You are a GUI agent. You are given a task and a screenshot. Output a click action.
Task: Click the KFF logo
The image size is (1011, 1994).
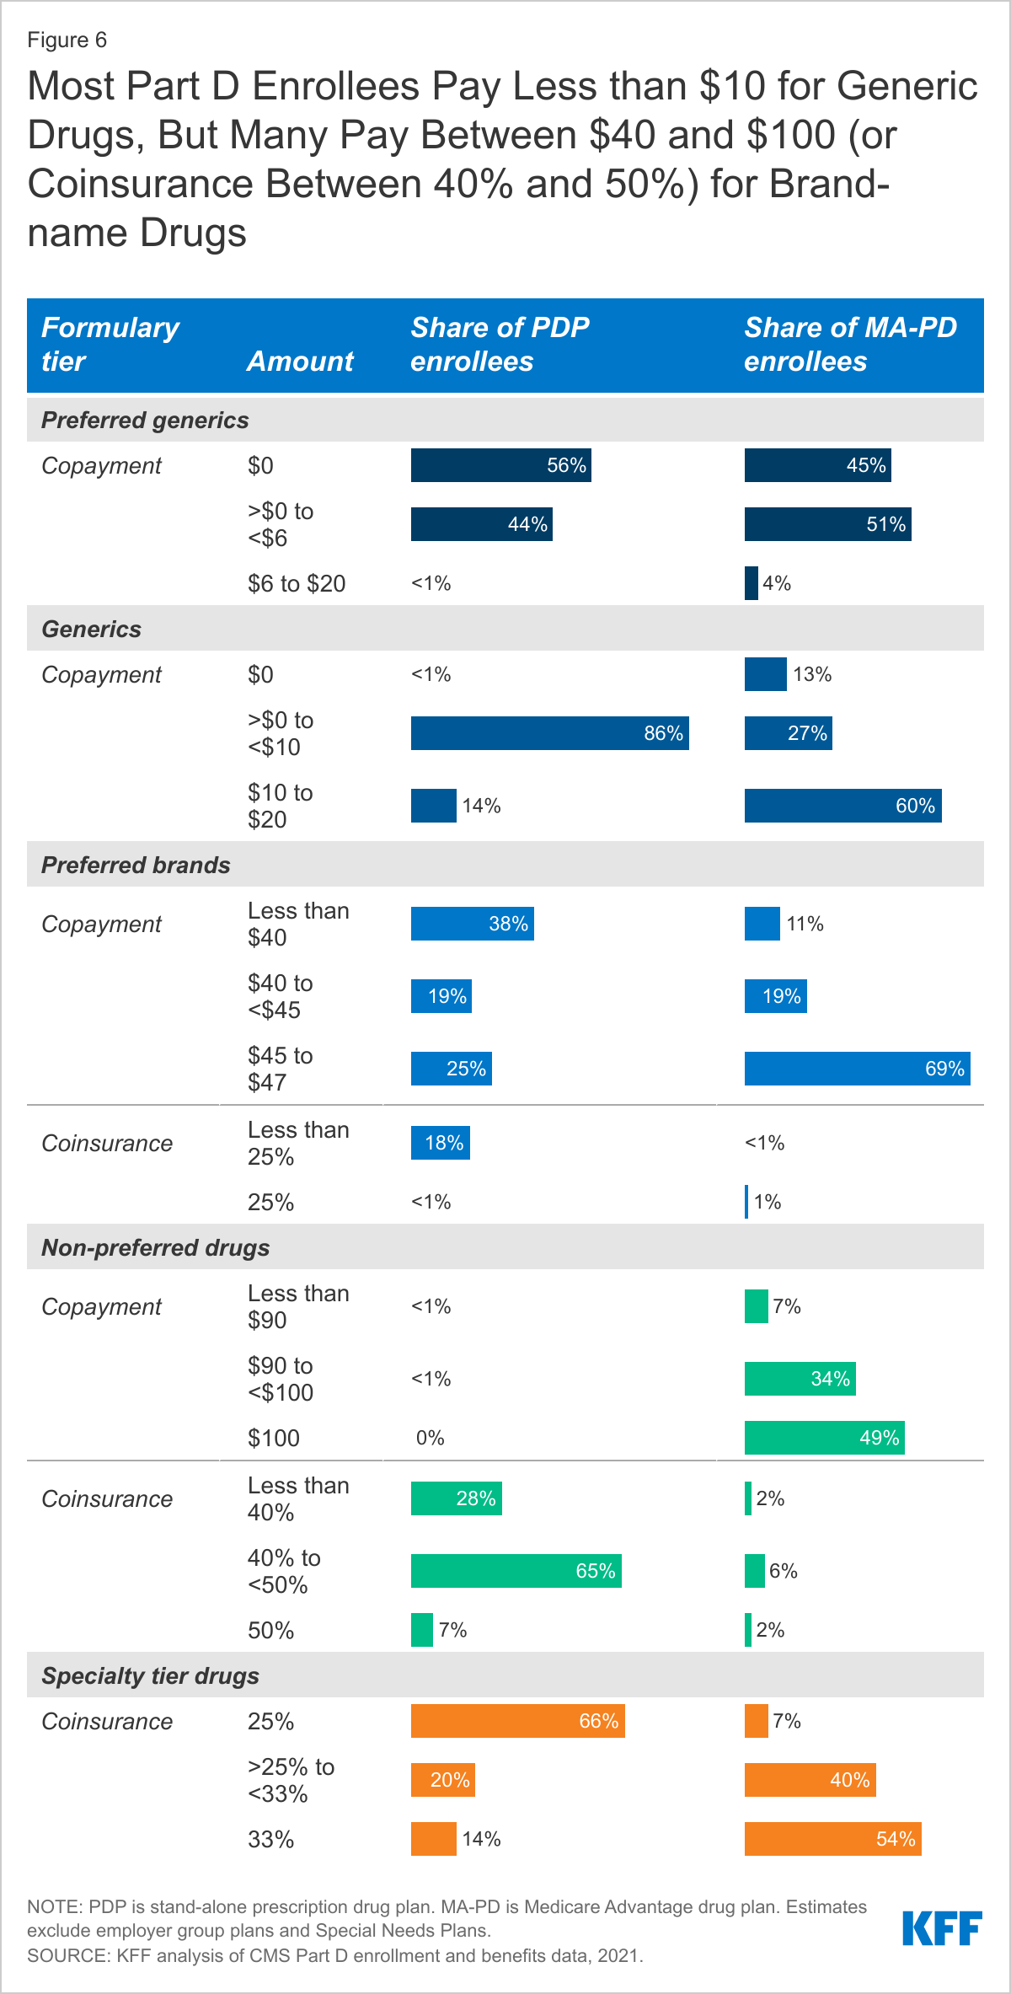tap(942, 1928)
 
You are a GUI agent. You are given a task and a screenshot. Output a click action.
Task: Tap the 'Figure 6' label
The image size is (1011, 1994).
tap(67, 40)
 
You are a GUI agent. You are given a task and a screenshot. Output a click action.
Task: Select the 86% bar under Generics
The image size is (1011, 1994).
tap(549, 733)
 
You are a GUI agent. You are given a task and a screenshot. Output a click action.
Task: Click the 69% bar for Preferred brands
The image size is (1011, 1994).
tap(857, 1069)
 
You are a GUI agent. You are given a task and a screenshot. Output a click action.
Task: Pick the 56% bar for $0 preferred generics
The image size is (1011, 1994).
tap(500, 465)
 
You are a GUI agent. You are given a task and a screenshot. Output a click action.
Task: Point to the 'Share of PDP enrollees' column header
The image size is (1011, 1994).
tap(500, 344)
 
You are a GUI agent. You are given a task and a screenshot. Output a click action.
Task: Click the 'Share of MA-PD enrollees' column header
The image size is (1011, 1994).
tap(850, 344)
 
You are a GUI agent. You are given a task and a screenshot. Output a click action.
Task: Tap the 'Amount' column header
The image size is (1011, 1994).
tap(300, 361)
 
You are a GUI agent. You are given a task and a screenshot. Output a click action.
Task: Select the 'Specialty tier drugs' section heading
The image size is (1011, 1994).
tap(150, 1675)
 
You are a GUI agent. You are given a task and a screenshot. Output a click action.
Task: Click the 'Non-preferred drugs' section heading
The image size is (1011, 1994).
tap(155, 1247)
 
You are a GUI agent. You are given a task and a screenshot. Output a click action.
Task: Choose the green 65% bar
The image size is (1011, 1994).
tap(516, 1571)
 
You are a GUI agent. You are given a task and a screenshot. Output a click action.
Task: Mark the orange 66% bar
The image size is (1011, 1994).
tap(517, 1721)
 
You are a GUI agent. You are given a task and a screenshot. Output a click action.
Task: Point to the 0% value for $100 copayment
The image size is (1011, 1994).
tap(430, 1438)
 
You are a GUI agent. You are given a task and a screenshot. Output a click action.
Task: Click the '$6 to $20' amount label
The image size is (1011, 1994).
tap(296, 583)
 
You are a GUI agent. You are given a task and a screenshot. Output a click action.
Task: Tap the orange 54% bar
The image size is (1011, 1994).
tap(832, 1839)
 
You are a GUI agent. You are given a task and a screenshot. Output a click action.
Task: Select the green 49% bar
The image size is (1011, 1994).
tap(824, 1438)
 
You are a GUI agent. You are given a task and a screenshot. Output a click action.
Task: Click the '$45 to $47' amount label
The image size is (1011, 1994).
tap(280, 1069)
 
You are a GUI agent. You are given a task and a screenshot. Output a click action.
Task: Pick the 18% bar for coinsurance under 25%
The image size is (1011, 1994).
tap(440, 1143)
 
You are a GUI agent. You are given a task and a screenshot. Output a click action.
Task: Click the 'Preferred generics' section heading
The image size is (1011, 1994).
tap(145, 420)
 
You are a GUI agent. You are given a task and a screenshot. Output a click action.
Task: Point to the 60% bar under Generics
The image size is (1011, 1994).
tap(842, 806)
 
